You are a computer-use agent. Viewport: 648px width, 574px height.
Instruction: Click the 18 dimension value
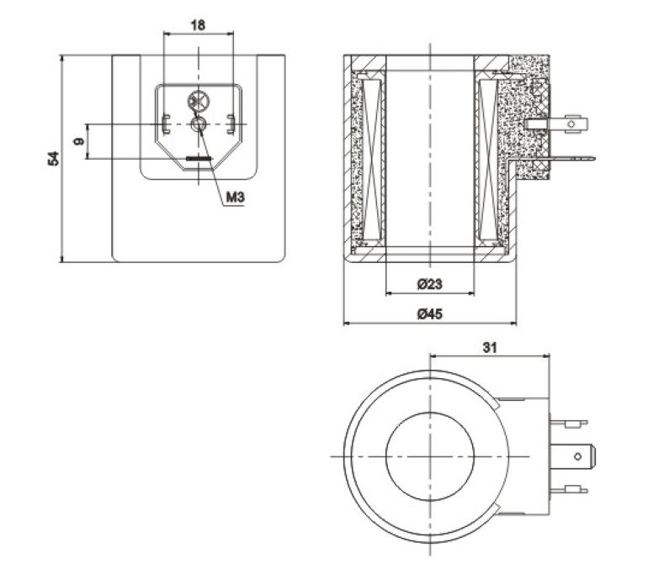click(x=198, y=25)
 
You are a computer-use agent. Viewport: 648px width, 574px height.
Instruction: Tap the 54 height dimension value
click(x=54, y=159)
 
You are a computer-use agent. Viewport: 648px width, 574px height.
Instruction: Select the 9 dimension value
click(x=78, y=141)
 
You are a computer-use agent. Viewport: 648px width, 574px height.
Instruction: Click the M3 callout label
click(x=236, y=197)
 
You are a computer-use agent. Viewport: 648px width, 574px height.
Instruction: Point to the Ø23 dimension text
click(x=429, y=284)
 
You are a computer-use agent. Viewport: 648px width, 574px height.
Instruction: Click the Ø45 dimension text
click(x=430, y=314)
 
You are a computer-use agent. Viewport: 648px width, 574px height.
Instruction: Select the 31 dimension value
click(x=490, y=347)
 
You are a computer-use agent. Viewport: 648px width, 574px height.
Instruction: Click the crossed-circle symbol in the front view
click(x=199, y=102)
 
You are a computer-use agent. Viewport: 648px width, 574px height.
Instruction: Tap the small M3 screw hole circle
click(x=199, y=124)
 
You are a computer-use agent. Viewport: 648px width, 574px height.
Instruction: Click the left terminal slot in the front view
click(x=166, y=124)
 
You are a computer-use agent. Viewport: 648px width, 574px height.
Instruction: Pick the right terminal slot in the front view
click(x=231, y=124)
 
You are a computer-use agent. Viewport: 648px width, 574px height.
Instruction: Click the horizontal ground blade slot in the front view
click(x=199, y=159)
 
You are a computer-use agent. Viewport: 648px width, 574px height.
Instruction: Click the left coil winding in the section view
click(x=372, y=160)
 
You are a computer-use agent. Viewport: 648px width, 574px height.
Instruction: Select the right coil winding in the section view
click(x=489, y=160)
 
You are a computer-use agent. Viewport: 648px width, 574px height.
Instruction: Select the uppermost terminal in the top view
click(x=569, y=423)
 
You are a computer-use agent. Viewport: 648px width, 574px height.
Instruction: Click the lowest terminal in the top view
click(x=569, y=490)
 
